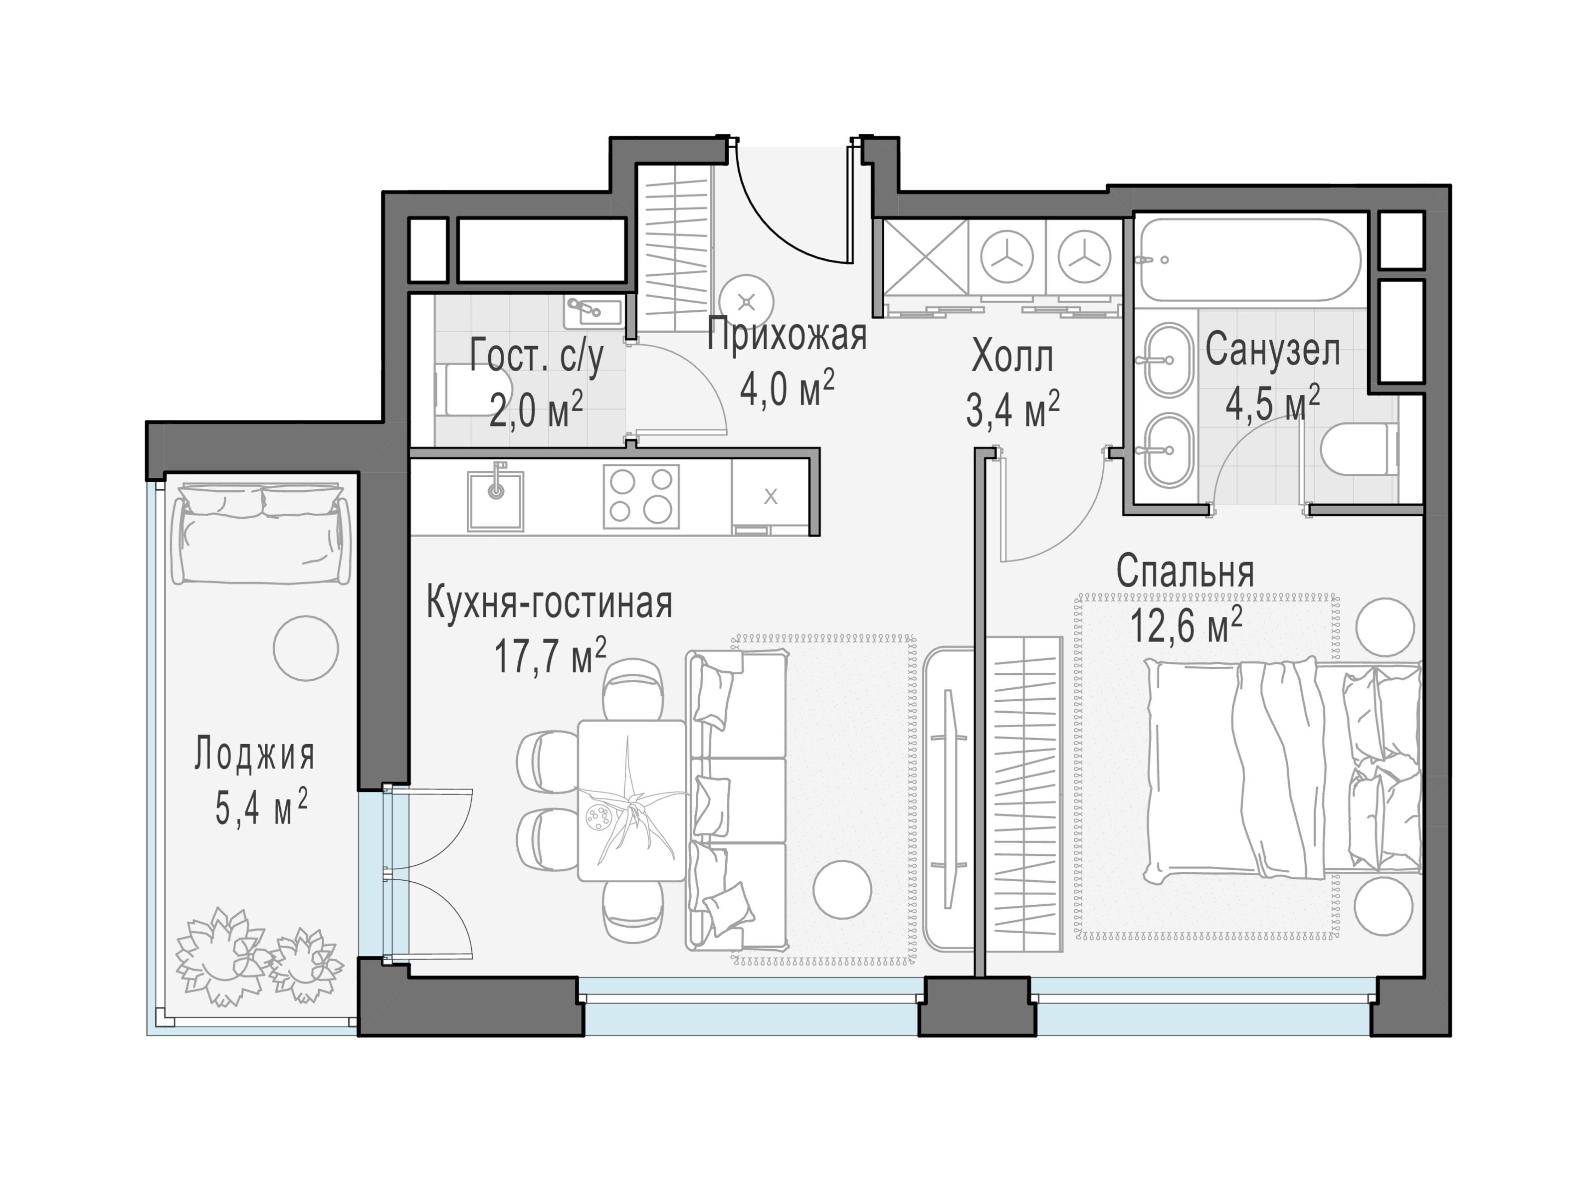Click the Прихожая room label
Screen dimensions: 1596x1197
coord(787,336)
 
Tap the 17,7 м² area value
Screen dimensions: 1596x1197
coord(550,655)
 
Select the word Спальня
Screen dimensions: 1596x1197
coord(1185,572)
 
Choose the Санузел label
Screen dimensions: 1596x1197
coord(1273,350)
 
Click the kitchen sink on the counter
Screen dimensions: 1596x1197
coord(495,500)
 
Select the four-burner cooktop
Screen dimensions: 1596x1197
coord(641,496)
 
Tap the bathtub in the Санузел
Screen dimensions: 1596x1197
coord(1250,260)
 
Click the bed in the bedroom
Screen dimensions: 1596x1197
coord(1282,769)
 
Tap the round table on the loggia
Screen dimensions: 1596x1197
coord(306,648)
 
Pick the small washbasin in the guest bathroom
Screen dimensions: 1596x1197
coord(593,312)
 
